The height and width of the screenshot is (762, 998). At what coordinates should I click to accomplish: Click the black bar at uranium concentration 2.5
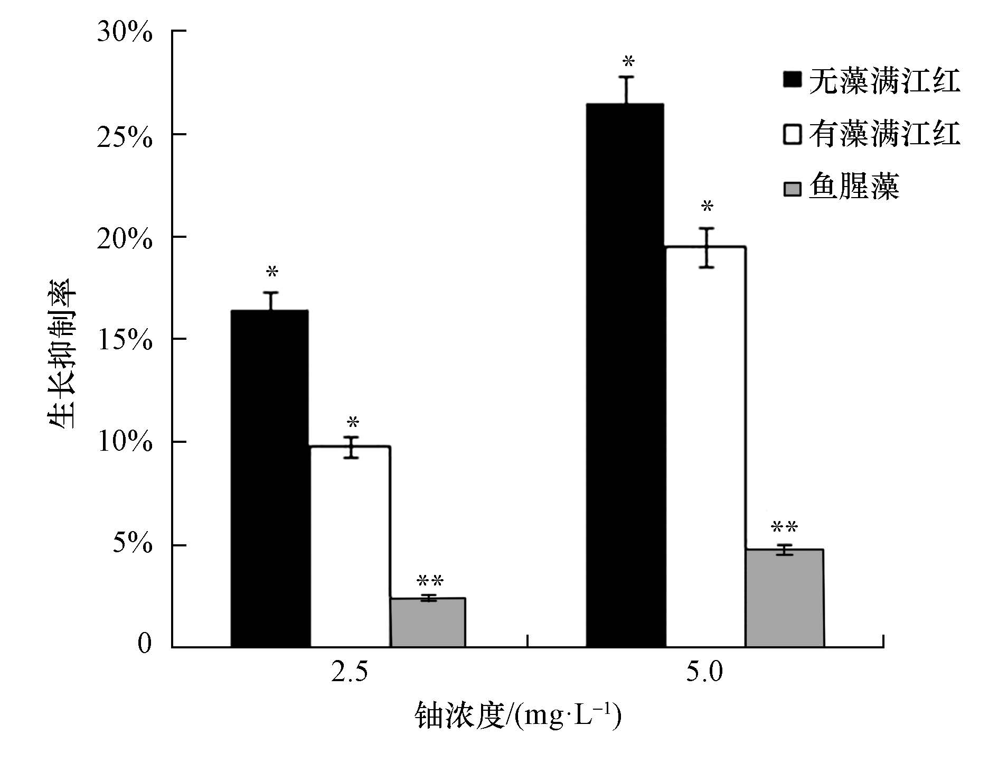[x=270, y=478]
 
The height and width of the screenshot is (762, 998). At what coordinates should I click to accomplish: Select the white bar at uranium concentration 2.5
[x=350, y=546]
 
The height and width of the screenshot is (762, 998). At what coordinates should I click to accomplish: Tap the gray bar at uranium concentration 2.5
[x=428, y=622]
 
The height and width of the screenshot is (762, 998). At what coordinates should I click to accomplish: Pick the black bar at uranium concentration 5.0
[x=626, y=375]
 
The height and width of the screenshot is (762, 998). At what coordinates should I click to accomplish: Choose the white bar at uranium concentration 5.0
[x=706, y=447]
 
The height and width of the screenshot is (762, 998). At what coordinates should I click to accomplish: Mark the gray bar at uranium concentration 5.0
[x=784, y=598]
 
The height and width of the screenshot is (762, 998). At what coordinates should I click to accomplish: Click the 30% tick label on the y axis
[x=125, y=33]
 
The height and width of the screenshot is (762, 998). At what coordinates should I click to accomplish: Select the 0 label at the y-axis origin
[x=144, y=644]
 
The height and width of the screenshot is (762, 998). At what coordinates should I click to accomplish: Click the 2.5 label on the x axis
[x=349, y=673]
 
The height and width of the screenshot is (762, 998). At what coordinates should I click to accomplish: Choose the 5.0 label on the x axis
[x=704, y=673]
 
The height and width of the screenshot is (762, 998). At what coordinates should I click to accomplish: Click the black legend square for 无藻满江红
[x=792, y=80]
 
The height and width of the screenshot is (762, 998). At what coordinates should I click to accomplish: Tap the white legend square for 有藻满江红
[x=792, y=134]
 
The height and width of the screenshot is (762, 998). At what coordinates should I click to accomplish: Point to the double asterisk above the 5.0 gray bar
[x=784, y=527]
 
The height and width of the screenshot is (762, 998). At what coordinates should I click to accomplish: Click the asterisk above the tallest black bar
[x=628, y=62]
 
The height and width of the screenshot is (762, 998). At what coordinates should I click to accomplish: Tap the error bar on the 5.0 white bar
[x=707, y=248]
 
